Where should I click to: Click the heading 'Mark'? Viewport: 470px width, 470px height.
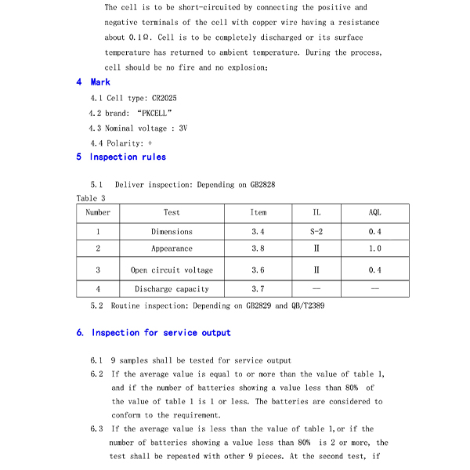click(x=100, y=82)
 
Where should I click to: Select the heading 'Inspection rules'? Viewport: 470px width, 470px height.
click(x=128, y=157)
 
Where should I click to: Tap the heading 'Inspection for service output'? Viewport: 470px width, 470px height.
click(x=161, y=333)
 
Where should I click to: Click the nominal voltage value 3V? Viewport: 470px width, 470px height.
click(x=183, y=128)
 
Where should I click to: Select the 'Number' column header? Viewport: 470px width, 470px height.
click(x=98, y=212)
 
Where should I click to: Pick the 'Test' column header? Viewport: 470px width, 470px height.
click(x=172, y=212)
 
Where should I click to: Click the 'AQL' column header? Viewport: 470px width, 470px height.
click(x=375, y=212)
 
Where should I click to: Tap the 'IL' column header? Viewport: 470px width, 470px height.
click(x=316, y=212)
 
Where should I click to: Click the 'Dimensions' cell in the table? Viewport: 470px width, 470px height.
click(x=172, y=232)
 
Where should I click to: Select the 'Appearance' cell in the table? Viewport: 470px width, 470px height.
click(x=172, y=249)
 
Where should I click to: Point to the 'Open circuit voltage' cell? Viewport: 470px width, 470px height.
click(x=172, y=270)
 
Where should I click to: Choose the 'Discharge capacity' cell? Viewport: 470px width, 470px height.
click(x=172, y=289)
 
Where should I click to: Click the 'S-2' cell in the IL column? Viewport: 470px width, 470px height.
click(x=316, y=232)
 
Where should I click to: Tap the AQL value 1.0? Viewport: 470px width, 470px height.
click(x=375, y=249)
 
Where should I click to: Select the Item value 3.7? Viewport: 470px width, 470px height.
click(x=258, y=289)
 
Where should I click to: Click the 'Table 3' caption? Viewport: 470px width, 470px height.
click(x=91, y=198)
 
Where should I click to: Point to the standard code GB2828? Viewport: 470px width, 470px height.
click(x=262, y=185)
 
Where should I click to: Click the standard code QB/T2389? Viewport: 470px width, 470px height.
click(x=307, y=305)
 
